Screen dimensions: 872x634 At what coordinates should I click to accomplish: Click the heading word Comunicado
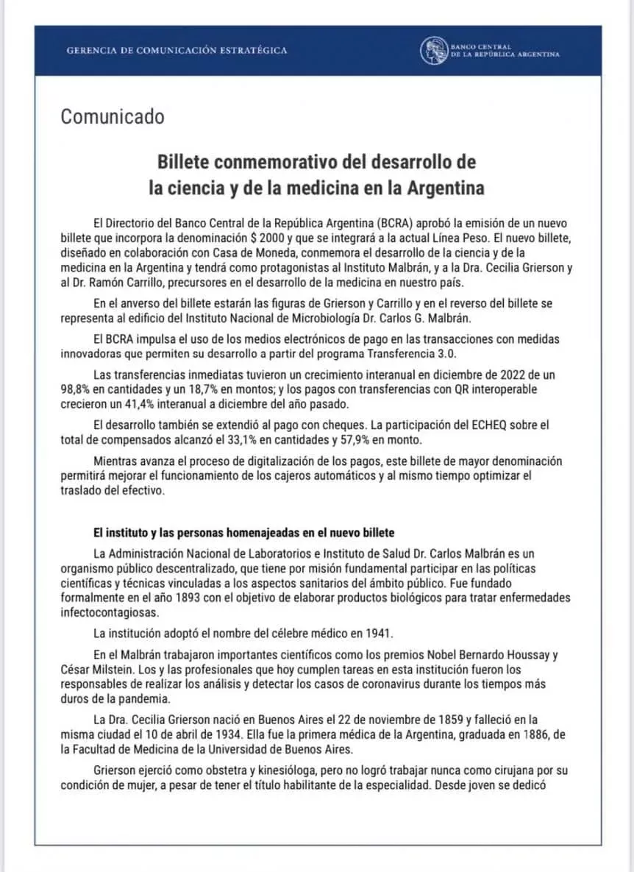113,117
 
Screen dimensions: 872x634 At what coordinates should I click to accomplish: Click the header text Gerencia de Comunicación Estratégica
177,51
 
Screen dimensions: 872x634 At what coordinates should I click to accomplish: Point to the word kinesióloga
279,770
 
